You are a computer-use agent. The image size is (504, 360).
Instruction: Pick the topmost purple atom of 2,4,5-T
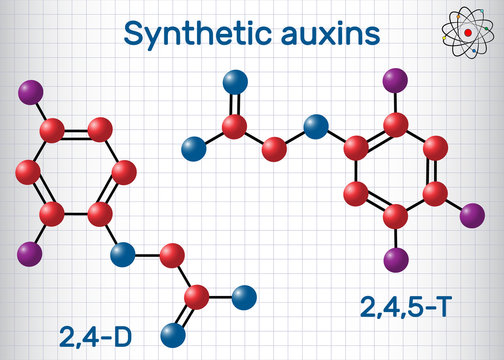coord(397,79)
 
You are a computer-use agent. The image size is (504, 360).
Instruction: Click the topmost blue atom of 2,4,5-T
coord(235,79)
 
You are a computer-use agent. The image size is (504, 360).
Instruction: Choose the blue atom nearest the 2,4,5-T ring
coord(316,126)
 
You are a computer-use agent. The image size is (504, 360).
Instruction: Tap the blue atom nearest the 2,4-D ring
coord(122,252)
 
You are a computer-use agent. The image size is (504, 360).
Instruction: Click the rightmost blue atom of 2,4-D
coord(244,296)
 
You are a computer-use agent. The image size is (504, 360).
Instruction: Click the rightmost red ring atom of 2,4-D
coord(124,173)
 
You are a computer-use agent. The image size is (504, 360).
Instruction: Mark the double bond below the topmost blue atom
coord(235,103)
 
